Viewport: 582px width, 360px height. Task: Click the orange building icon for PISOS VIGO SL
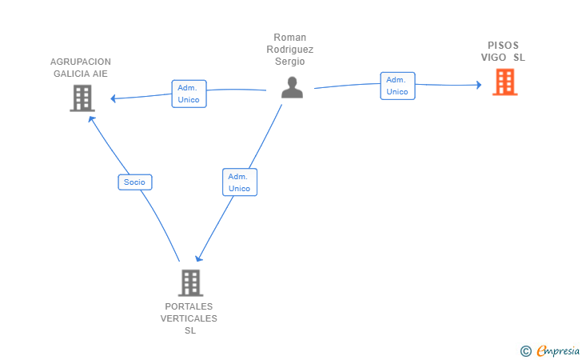click(x=504, y=82)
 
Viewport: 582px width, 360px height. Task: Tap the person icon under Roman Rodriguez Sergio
click(x=292, y=87)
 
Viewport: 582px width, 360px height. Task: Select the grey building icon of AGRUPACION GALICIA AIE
click(x=82, y=98)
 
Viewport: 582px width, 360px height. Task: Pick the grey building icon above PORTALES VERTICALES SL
click(x=190, y=282)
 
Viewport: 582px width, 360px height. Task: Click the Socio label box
click(x=135, y=182)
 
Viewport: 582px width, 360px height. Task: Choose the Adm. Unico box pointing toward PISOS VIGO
click(x=397, y=86)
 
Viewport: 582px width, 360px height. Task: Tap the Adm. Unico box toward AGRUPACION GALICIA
click(x=189, y=94)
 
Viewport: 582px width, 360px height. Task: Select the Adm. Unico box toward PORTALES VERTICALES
click(x=240, y=182)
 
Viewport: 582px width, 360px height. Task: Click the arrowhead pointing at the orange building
click(x=479, y=85)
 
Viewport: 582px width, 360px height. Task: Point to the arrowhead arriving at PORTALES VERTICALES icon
click(x=199, y=258)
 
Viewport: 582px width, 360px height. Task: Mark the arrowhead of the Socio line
click(x=91, y=119)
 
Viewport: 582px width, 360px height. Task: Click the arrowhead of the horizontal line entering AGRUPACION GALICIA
click(x=114, y=98)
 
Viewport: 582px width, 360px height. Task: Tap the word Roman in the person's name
click(x=290, y=38)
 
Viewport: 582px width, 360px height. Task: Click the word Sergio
click(x=290, y=62)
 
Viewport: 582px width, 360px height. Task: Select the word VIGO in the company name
click(x=493, y=58)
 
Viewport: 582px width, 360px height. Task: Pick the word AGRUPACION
click(x=81, y=62)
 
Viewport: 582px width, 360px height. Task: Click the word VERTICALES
click(x=189, y=318)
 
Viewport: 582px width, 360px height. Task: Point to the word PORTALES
click(x=189, y=306)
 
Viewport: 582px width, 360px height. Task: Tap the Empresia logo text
click(x=558, y=350)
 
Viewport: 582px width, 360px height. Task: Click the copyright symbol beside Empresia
click(x=526, y=351)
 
